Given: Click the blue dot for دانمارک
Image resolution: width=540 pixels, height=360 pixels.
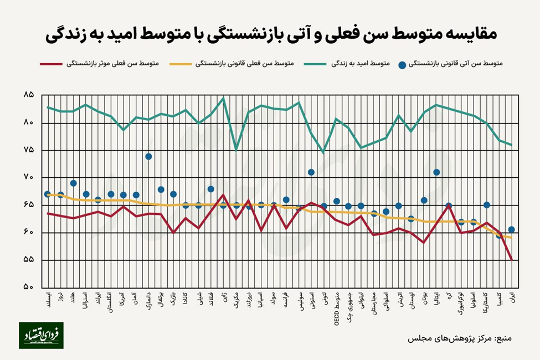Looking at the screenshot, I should (148, 157).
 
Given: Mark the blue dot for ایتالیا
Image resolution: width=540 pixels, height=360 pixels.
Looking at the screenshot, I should (436, 172).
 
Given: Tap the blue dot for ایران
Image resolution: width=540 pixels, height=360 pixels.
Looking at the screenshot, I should (512, 229).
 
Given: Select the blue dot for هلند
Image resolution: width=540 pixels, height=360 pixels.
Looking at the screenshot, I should (73, 183).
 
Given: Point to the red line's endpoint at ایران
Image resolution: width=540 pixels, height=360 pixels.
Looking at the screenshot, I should (512, 259).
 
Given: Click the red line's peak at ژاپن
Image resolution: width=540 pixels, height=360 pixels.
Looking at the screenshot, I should (223, 195).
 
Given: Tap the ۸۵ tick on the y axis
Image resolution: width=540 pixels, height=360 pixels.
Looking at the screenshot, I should (28, 95).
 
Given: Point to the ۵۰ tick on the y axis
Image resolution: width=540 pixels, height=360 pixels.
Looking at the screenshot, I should (28, 287).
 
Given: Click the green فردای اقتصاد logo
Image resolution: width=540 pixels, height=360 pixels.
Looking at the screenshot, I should (41, 335).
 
